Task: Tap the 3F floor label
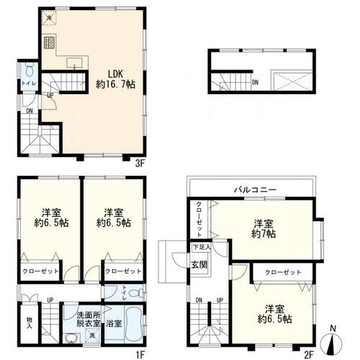(x=140, y=163)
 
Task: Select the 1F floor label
(x=141, y=353)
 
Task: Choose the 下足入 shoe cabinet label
(x=201, y=247)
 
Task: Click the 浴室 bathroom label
(x=114, y=323)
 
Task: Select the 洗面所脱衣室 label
(x=82, y=319)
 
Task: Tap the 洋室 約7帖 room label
(x=264, y=228)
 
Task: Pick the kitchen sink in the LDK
(x=74, y=63)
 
